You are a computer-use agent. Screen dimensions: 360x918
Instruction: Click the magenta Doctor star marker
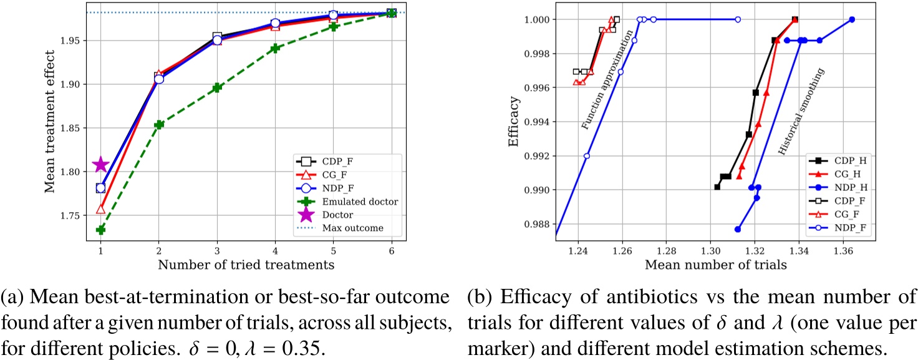click(101, 165)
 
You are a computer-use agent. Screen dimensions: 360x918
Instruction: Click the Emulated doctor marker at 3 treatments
click(217, 88)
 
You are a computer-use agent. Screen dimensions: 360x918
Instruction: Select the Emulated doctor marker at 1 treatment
click(101, 230)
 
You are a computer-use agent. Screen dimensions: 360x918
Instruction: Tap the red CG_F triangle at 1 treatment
click(101, 209)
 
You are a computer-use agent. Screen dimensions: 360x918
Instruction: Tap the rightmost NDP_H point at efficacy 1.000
click(852, 19)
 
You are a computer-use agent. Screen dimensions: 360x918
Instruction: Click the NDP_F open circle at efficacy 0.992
click(587, 156)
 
